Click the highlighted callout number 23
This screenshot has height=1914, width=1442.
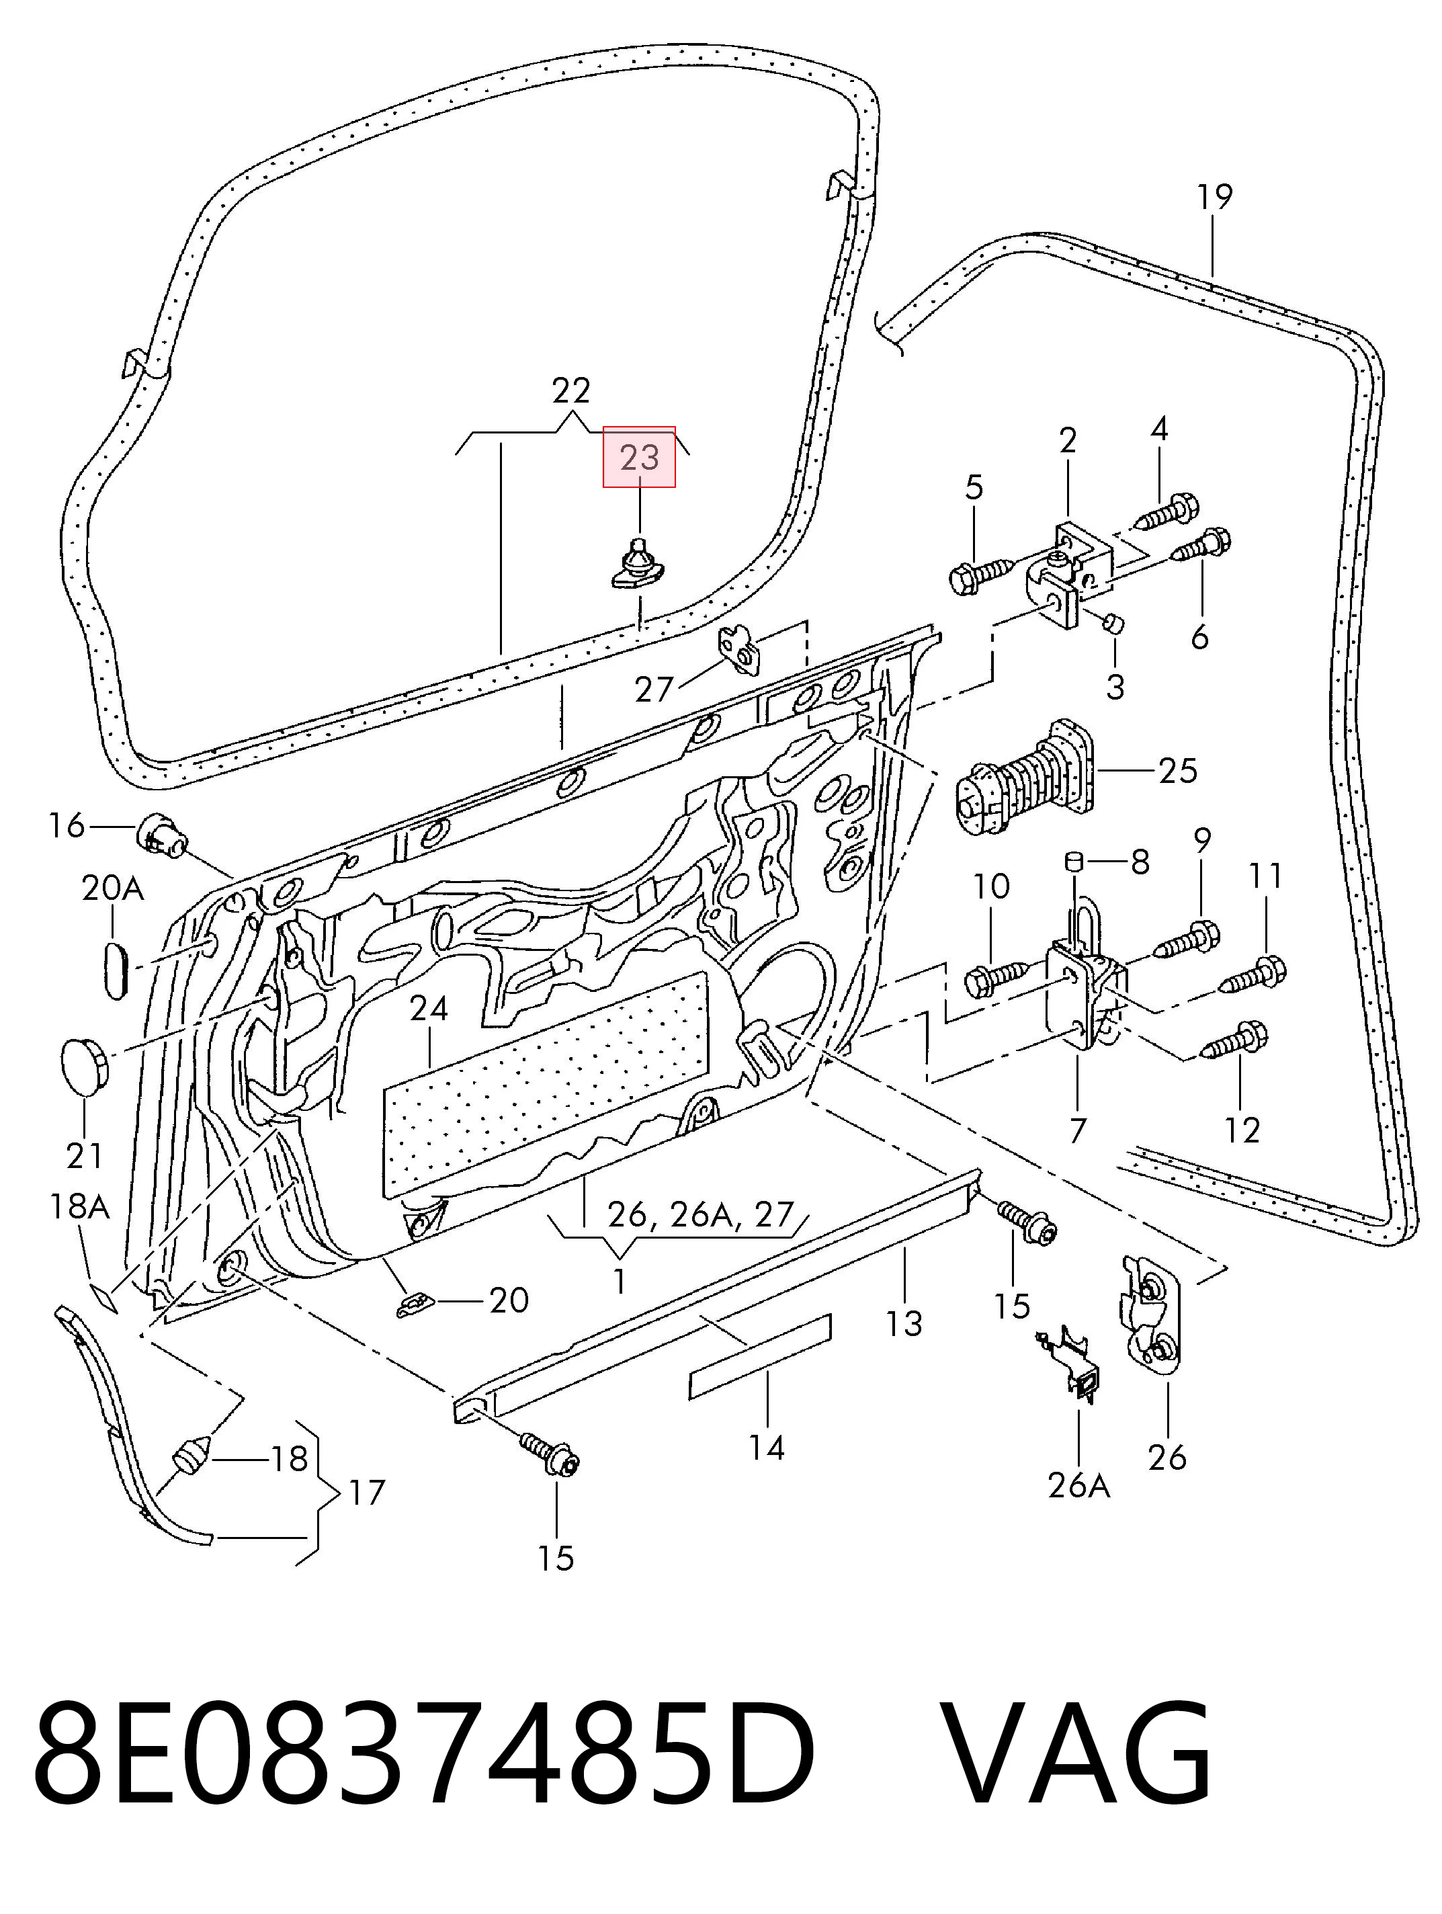[639, 456]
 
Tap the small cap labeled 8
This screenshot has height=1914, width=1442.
[1074, 862]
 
